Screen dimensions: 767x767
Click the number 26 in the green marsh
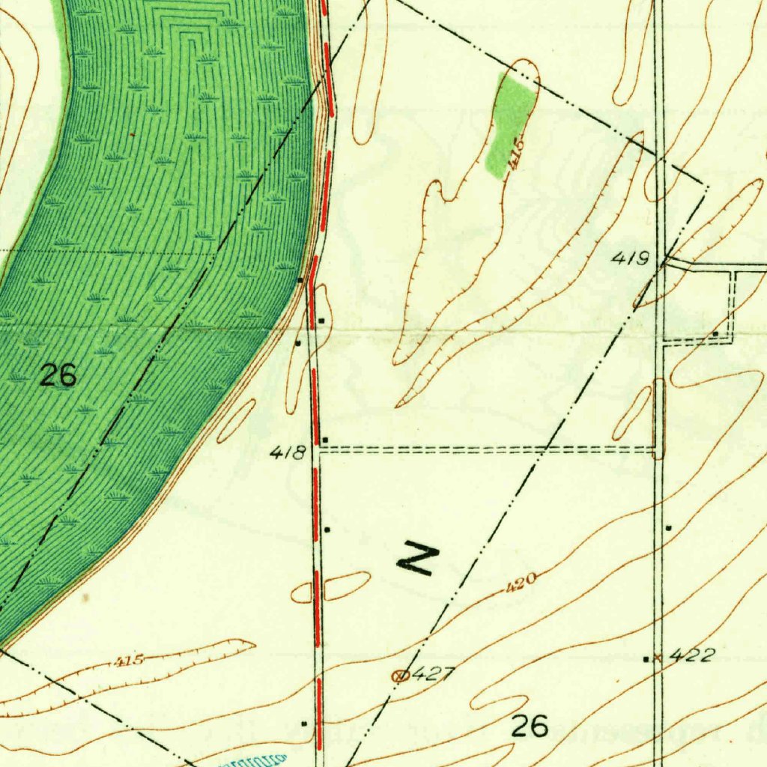click(x=58, y=375)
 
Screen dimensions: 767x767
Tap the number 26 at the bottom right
click(x=530, y=725)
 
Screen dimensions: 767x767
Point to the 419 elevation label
click(x=629, y=260)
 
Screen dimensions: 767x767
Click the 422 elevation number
click(x=691, y=656)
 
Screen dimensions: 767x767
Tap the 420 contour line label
click(x=521, y=581)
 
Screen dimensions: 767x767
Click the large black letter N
click(x=417, y=558)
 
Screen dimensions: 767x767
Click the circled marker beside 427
click(x=401, y=676)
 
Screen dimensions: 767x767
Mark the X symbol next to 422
click(x=658, y=658)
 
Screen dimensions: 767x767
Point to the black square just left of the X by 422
click(x=646, y=658)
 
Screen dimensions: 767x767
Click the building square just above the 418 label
click(x=325, y=439)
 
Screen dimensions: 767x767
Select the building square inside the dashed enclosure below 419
click(x=716, y=333)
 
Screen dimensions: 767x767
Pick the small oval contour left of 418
click(x=237, y=421)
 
